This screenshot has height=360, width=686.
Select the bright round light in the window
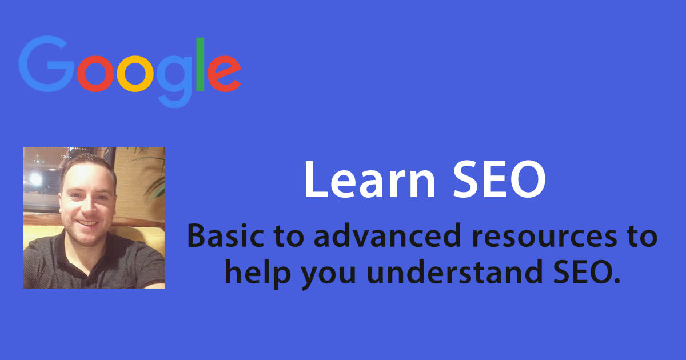[x=35, y=179]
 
